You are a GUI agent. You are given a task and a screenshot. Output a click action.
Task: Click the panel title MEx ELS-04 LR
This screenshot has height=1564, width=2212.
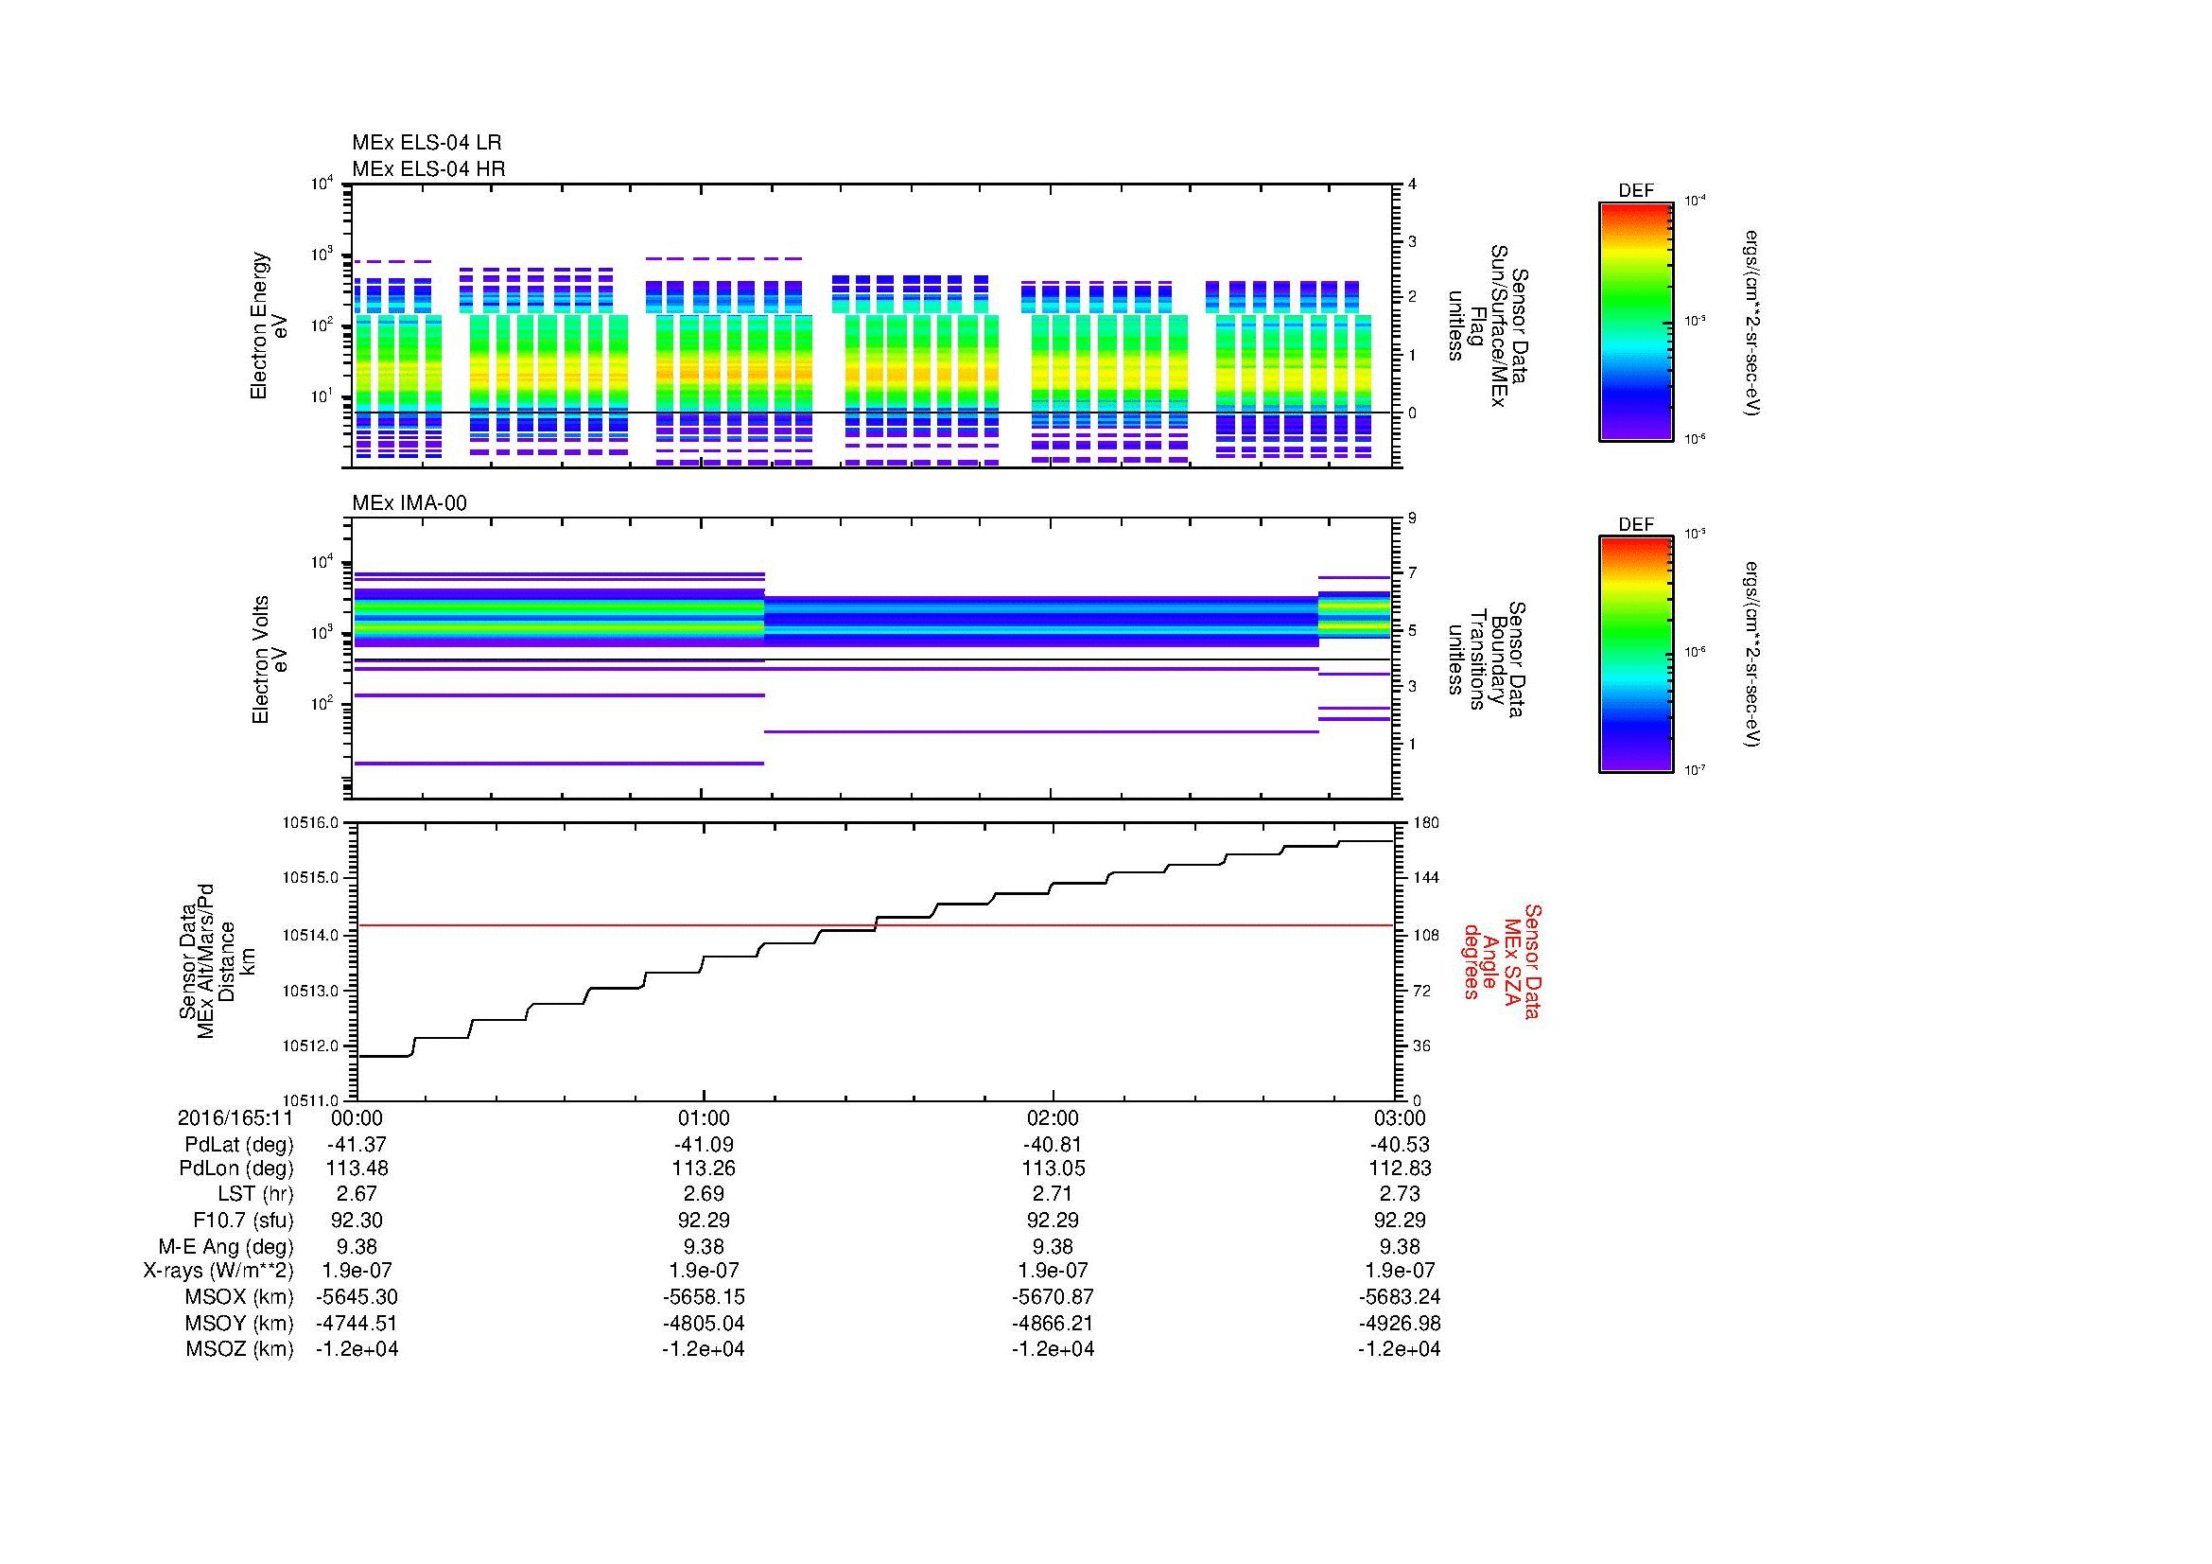(426, 143)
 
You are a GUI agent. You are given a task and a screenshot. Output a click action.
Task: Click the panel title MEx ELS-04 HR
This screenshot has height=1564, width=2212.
(427, 168)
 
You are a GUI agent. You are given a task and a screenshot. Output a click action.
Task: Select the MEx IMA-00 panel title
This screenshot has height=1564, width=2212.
(409, 503)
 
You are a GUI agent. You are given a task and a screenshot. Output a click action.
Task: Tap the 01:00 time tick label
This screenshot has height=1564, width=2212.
(705, 1118)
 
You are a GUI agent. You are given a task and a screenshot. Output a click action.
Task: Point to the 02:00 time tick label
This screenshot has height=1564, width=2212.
(1053, 1118)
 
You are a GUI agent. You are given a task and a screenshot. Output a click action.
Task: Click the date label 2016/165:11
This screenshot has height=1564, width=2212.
(235, 1118)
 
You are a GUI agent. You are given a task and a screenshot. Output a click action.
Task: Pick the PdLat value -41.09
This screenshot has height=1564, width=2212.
(705, 1145)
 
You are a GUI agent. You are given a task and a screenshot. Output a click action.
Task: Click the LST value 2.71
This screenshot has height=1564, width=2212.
(1053, 1194)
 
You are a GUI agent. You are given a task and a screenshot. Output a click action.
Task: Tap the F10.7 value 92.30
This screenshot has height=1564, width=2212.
(357, 1220)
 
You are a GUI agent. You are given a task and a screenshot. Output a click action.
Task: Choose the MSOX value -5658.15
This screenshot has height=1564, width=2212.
(705, 1297)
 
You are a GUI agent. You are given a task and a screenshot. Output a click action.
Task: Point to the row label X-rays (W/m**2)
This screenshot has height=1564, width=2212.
(218, 1271)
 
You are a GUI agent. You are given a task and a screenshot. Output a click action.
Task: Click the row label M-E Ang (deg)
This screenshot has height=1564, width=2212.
(225, 1246)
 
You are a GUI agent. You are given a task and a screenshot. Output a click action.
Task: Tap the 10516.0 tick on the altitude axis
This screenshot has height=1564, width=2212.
(310, 823)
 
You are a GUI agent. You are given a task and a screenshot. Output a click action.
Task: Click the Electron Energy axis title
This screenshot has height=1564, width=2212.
(270, 325)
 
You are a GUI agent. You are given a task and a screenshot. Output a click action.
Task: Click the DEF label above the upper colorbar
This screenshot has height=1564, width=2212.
(1636, 191)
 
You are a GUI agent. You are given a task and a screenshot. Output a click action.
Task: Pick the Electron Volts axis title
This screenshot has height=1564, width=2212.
(270, 659)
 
